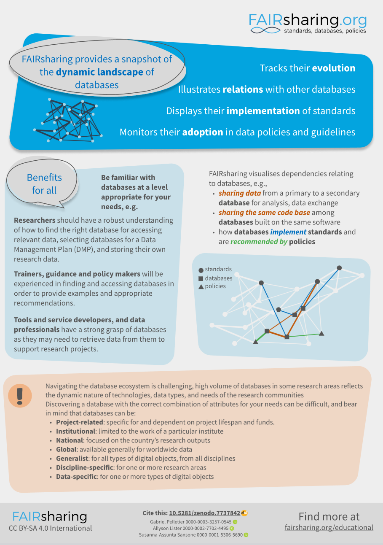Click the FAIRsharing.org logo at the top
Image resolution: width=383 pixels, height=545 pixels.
pyautogui.click(x=307, y=23)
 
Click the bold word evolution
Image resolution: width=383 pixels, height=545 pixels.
pyautogui.click(x=333, y=68)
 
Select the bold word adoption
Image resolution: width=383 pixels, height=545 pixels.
pyautogui.click(x=202, y=132)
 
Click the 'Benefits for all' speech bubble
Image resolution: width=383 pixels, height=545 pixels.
pyautogui.click(x=44, y=184)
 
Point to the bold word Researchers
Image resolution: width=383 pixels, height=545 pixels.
pyautogui.click(x=35, y=220)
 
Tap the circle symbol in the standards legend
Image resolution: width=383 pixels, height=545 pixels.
pyautogui.click(x=201, y=270)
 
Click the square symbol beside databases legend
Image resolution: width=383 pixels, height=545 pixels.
pyautogui.click(x=201, y=279)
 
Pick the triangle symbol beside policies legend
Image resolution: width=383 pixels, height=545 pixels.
pyautogui.click(x=201, y=287)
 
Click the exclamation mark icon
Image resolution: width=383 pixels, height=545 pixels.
pyautogui.click(x=19, y=395)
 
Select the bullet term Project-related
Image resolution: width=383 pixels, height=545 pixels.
pyautogui.click(x=80, y=422)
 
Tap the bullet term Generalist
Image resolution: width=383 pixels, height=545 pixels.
pyautogui.click(x=72, y=459)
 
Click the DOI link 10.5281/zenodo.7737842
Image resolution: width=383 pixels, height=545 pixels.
pyautogui.click(x=204, y=513)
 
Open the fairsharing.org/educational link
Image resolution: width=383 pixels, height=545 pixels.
pyautogui.click(x=329, y=528)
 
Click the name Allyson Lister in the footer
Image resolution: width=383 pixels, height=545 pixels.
pyautogui.click(x=167, y=528)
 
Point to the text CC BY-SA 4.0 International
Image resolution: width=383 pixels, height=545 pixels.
pyautogui.click(x=50, y=528)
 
